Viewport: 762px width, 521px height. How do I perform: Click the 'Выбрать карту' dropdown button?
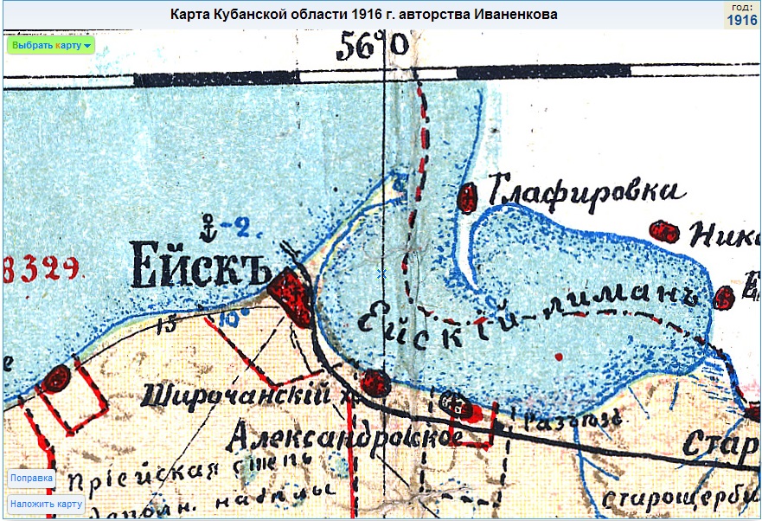point(50,45)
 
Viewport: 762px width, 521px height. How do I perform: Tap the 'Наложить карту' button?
point(47,504)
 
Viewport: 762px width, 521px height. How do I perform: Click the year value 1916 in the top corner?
point(742,20)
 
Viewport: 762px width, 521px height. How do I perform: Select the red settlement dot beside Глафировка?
point(468,196)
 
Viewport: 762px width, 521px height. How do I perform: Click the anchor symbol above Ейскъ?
point(207,227)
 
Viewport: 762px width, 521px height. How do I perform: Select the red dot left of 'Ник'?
point(663,231)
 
